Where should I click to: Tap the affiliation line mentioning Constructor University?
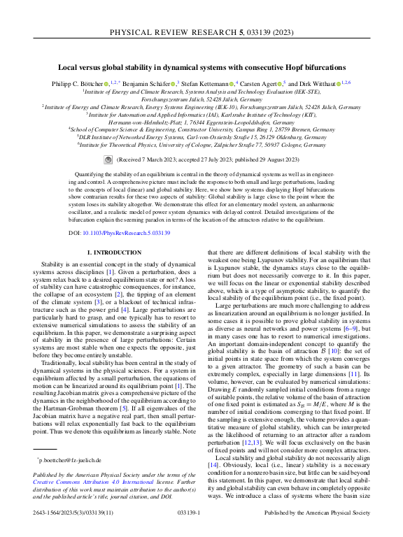click(x=201, y=129)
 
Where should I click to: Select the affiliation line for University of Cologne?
click(x=201, y=145)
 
